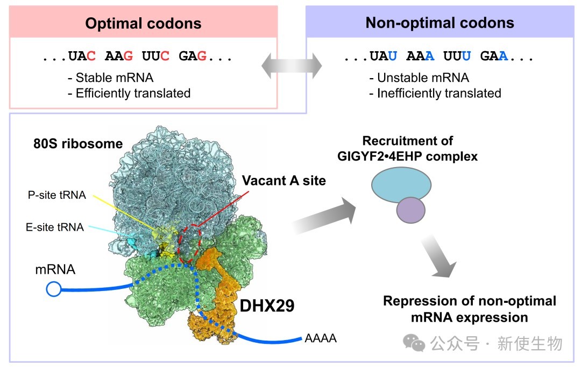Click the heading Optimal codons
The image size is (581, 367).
click(143, 23)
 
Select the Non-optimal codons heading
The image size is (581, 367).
click(440, 23)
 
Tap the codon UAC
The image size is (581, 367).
click(82, 56)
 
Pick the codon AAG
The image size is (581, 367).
click(119, 56)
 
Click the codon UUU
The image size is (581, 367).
click(457, 56)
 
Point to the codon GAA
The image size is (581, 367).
click(494, 56)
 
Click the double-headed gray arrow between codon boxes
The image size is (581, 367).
click(292, 66)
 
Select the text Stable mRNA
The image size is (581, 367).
click(115, 78)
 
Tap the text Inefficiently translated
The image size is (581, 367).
click(439, 93)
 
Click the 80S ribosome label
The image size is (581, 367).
click(78, 143)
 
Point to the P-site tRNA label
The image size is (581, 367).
click(56, 195)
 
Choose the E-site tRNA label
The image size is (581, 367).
click(55, 227)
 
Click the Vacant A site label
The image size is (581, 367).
click(284, 181)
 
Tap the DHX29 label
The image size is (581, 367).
click(267, 306)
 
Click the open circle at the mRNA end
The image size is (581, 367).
click(54, 289)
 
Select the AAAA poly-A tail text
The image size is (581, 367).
click(321, 338)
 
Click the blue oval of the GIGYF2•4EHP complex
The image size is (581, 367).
click(401, 184)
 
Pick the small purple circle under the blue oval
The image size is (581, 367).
click(410, 210)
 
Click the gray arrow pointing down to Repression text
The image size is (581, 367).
click(438, 256)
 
